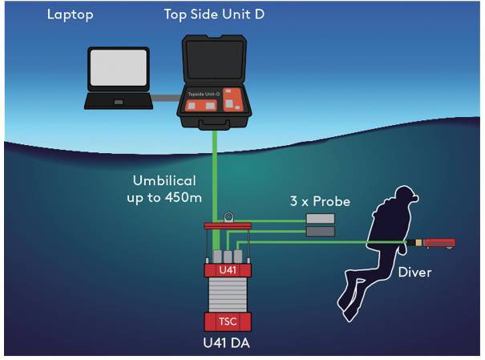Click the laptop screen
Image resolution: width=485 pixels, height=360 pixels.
pyautogui.click(x=118, y=69)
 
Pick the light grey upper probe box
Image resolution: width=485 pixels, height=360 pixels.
pyautogui.click(x=320, y=217)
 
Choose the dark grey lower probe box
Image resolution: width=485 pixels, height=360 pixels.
pyautogui.click(x=320, y=232)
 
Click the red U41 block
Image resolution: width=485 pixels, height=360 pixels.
pyautogui.click(x=228, y=271)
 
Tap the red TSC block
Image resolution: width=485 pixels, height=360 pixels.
pyautogui.click(x=228, y=322)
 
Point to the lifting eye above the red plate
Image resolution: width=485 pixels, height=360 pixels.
pyautogui.click(x=228, y=216)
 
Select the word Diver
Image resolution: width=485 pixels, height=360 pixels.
pyautogui.click(x=414, y=272)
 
